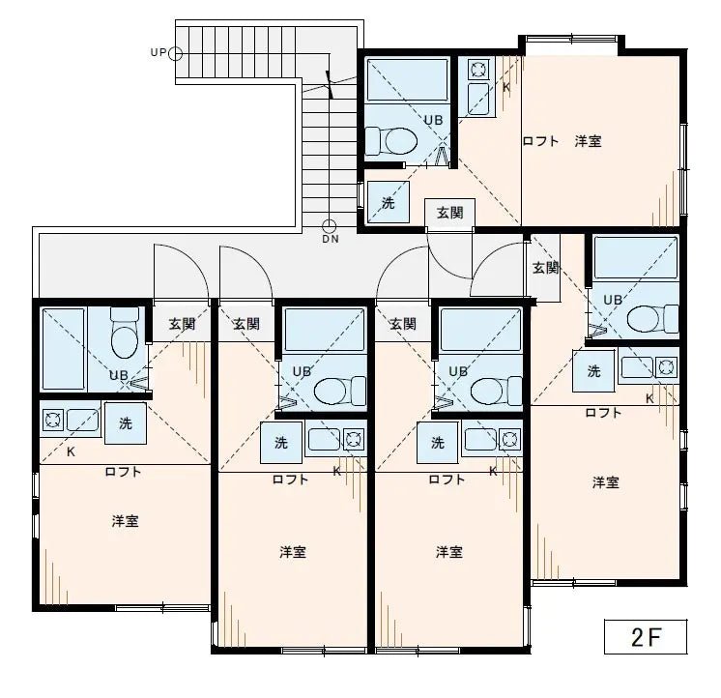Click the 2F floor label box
(x=646, y=638)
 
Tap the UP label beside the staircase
(x=159, y=52)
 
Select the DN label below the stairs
(x=331, y=239)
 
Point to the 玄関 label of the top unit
(x=448, y=213)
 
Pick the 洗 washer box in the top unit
(x=388, y=203)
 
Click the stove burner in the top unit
(x=477, y=70)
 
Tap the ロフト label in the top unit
(x=540, y=141)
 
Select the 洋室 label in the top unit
(x=588, y=141)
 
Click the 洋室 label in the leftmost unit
(x=125, y=521)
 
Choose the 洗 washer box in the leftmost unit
(x=125, y=422)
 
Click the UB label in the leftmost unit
(x=118, y=375)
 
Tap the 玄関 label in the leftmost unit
(x=182, y=324)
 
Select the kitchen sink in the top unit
(x=477, y=99)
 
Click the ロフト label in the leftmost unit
(x=124, y=472)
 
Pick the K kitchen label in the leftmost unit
(x=71, y=451)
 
